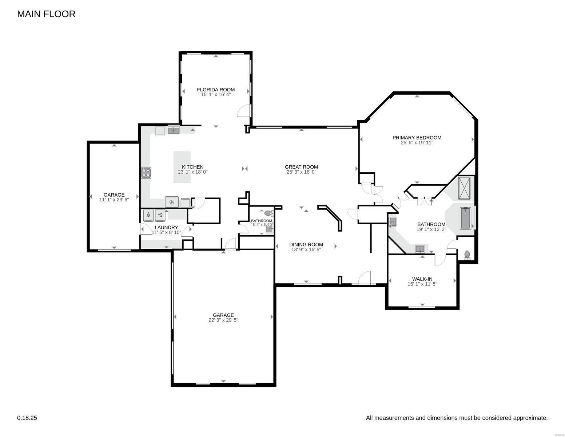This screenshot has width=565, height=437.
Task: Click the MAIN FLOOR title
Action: [x=46, y=14]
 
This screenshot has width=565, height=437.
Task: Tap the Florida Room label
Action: [x=216, y=90]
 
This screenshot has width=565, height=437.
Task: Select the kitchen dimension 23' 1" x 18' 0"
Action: [x=192, y=172]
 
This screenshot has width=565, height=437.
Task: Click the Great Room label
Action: [x=301, y=167]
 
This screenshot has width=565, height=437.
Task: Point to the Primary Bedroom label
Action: [x=417, y=138]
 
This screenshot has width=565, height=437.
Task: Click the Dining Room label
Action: [x=306, y=245]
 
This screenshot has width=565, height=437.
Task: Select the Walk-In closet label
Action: [x=422, y=279]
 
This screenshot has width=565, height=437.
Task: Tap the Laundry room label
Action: [x=166, y=227]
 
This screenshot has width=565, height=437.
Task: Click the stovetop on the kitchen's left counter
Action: [x=146, y=173]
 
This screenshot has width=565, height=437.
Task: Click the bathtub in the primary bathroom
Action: [x=465, y=218]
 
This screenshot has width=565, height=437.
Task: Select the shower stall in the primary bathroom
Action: [x=464, y=188]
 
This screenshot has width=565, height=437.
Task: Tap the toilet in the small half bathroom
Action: [x=268, y=213]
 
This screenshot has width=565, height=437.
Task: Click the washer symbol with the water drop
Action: [x=148, y=215]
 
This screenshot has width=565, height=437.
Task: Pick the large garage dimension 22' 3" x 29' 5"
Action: [x=223, y=320]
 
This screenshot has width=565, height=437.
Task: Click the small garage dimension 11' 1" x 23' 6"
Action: [x=114, y=200]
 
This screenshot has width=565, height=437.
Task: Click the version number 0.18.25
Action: [x=27, y=418]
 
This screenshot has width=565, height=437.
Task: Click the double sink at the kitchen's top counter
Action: [x=174, y=130]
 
